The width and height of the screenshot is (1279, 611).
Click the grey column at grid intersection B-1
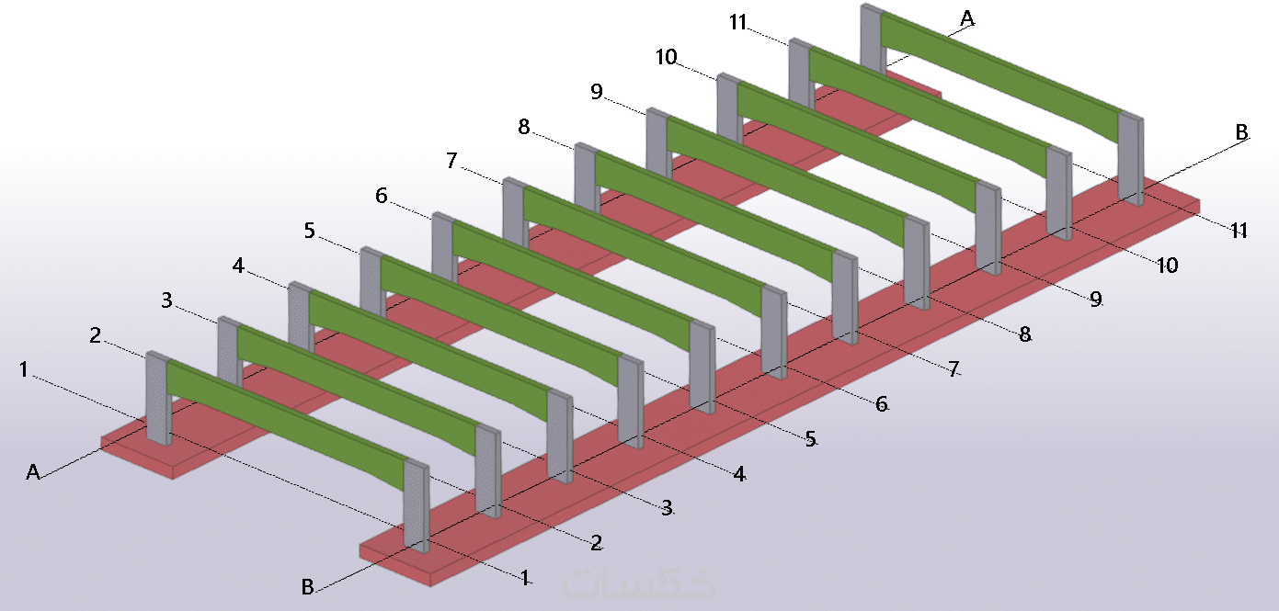(417, 505)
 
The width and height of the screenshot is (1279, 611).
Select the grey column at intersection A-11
(874, 39)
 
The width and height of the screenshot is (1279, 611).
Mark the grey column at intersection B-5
(702, 367)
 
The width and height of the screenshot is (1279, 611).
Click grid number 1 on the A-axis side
(23, 369)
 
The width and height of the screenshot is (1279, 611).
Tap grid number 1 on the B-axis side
(525, 577)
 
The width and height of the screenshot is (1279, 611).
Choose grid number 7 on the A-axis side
(451, 161)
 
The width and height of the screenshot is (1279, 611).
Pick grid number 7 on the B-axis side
(954, 369)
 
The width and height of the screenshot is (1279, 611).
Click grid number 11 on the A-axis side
(737, 22)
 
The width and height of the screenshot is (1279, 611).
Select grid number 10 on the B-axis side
(1168, 266)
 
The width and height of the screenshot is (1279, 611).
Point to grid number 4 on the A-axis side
(238, 266)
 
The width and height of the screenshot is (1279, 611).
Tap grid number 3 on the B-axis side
(667, 508)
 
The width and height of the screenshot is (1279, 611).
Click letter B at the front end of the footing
(308, 586)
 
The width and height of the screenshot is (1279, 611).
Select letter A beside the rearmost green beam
(967, 18)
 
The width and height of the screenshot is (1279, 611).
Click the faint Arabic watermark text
(639, 583)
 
